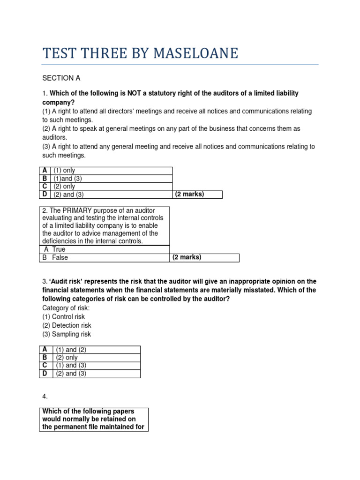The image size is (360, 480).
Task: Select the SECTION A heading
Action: pos(58,78)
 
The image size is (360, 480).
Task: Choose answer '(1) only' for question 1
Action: pos(65,171)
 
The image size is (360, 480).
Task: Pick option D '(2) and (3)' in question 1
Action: pos(69,195)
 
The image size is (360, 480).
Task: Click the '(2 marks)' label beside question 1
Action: pos(189,194)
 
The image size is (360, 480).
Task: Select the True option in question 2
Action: pos(59,249)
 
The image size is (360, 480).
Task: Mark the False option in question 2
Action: pos(60,257)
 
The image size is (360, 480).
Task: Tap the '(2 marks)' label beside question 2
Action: pos(187,257)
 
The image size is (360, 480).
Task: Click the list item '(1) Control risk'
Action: pos(64,317)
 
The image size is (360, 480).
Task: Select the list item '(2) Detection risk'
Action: pos(67,325)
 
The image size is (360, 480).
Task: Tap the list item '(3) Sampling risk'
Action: pos(67,334)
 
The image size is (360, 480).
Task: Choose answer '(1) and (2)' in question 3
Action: pos(71,349)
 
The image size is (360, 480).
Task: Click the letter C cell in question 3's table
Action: pos(45,365)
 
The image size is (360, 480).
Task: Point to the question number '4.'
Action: pos(45,396)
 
